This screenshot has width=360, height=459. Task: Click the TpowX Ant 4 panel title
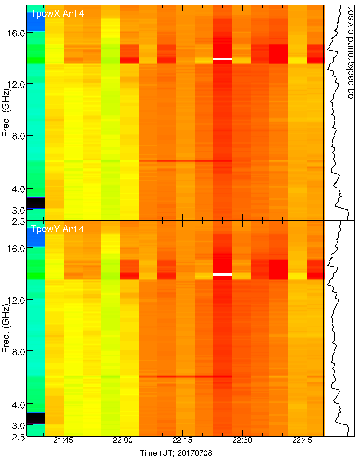pyautogui.click(x=57, y=14)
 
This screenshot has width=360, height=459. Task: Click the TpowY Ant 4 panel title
pyautogui.click(x=57, y=229)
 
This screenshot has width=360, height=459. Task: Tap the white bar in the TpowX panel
pyautogui.click(x=223, y=59)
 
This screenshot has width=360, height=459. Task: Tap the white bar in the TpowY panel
pyautogui.click(x=223, y=274)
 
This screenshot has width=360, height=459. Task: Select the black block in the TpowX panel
pyautogui.click(x=36, y=202)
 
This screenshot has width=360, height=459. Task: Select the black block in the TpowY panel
pyautogui.click(x=36, y=418)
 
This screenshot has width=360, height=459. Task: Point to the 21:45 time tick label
pyautogui.click(x=63, y=440)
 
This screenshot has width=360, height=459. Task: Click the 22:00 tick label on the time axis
pyautogui.click(x=123, y=440)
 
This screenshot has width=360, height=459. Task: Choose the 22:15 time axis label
pyautogui.click(x=183, y=440)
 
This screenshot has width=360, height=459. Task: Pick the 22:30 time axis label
pyautogui.click(x=242, y=440)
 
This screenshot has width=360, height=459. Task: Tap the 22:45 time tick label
pyautogui.click(x=302, y=440)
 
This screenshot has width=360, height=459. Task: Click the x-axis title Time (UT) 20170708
pyautogui.click(x=176, y=453)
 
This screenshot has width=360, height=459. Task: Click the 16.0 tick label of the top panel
pyautogui.click(x=16, y=33)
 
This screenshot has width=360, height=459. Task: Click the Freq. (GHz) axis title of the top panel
pyautogui.click(x=6, y=112)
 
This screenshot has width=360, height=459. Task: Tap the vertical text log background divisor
pyautogui.click(x=350, y=54)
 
